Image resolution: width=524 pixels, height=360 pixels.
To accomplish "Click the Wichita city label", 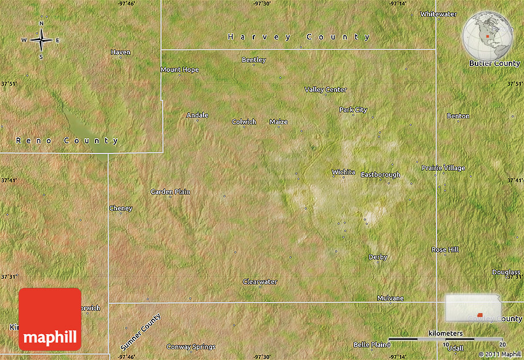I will click(343, 172).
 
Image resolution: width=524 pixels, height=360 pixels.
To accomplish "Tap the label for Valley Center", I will click(325, 89).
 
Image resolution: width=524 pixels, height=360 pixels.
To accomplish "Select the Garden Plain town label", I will click(170, 192).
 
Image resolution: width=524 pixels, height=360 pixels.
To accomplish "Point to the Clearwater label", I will click(260, 282).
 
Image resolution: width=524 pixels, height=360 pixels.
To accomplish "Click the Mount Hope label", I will click(179, 70).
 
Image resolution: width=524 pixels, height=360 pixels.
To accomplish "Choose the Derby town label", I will click(378, 257).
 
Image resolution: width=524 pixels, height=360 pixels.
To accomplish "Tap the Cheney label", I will click(121, 208).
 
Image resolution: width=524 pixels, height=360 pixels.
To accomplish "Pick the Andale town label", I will click(197, 115).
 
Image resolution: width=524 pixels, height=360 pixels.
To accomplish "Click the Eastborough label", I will click(380, 174).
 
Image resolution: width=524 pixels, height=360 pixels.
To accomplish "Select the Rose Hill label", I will click(445, 250).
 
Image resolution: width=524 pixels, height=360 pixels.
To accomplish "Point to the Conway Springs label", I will click(191, 346).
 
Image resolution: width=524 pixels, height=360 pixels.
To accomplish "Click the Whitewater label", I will click(438, 14).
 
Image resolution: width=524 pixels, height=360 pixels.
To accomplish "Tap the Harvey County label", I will click(299, 37).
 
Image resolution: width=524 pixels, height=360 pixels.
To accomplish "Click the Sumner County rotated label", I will click(141, 332).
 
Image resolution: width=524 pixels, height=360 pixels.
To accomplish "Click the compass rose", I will click(41, 40).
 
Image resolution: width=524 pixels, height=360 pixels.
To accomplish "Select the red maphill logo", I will click(50, 319).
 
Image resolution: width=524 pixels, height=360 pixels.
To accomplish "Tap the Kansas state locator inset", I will click(473, 308).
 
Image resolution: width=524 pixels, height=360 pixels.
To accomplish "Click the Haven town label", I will click(121, 52).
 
